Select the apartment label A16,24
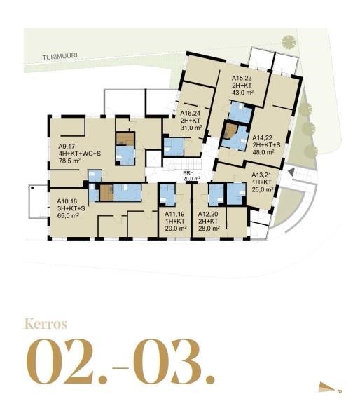coord(191,112)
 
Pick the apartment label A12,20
coord(209,214)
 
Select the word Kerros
coord(46,324)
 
